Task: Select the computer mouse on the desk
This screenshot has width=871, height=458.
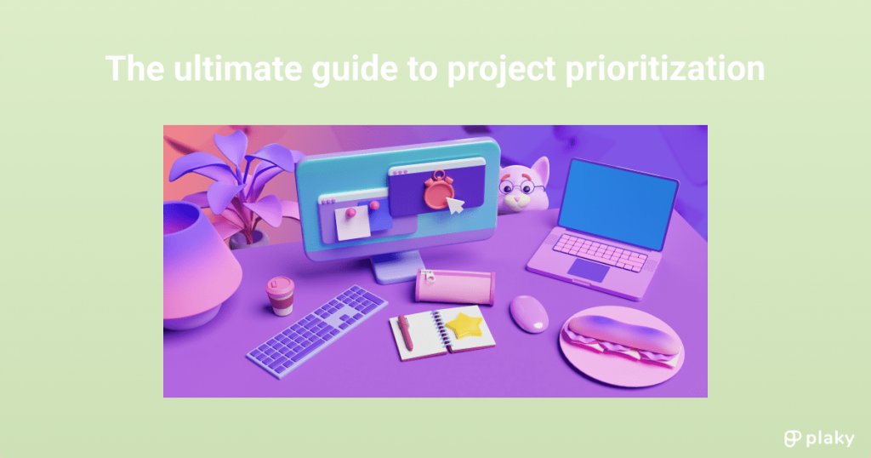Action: [x=529, y=313]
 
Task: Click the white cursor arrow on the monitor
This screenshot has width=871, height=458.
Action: [x=456, y=205]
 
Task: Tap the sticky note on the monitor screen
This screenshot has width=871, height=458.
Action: [x=350, y=223]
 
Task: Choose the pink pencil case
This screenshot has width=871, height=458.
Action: [x=454, y=285]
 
